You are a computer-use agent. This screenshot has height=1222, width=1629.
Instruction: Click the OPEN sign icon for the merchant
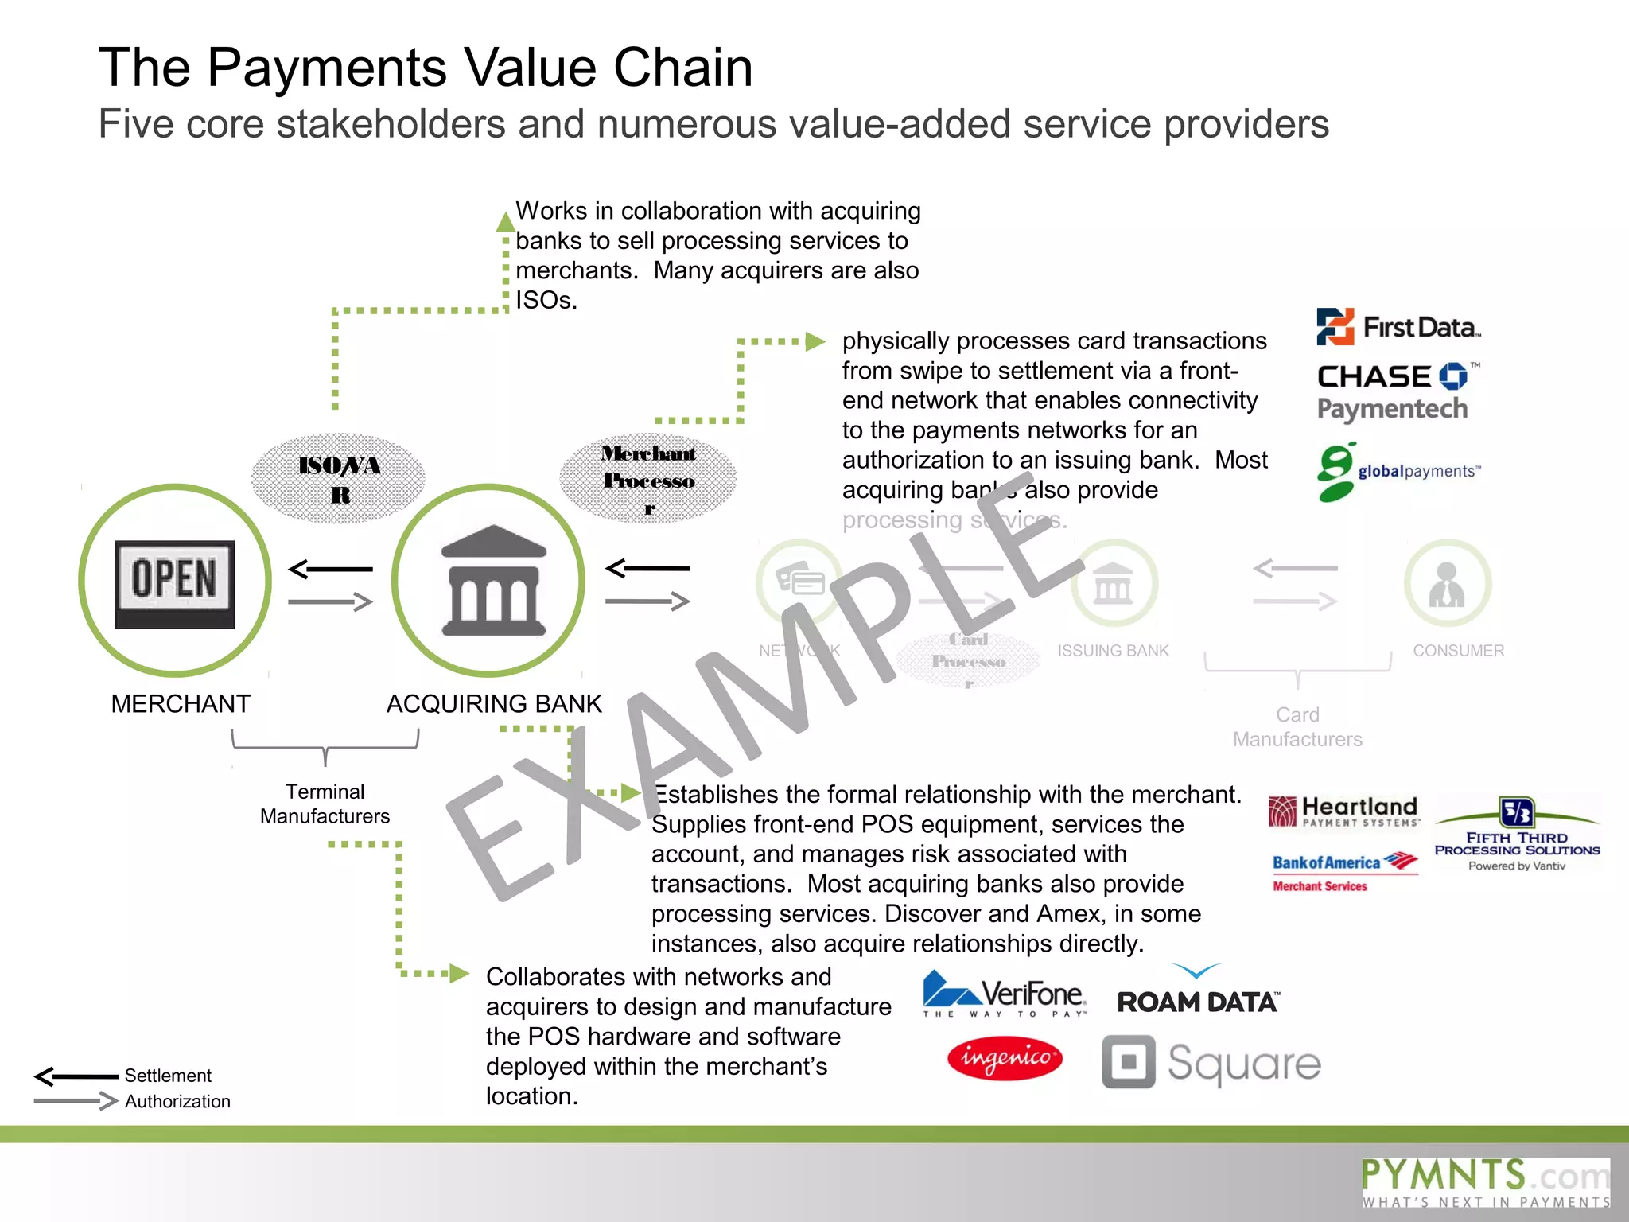175,583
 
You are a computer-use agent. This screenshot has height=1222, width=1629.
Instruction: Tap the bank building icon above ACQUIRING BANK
493,581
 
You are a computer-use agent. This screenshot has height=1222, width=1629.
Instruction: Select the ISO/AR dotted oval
339,478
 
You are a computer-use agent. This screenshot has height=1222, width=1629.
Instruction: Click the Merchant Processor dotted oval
648,477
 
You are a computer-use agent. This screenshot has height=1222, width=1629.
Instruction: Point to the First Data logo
1398,327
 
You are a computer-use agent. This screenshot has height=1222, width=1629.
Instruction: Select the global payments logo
1398,472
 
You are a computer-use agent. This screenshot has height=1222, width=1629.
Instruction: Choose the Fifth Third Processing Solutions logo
1517,834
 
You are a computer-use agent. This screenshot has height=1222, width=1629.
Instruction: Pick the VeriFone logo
1005,994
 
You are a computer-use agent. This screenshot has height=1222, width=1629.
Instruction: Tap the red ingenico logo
1005,1059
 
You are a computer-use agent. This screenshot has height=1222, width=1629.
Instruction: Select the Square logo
1211,1062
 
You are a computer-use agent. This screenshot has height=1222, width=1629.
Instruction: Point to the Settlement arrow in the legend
76,1076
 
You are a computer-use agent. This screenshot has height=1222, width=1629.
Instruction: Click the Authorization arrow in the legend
76,1101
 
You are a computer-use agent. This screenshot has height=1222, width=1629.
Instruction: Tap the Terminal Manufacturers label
325,804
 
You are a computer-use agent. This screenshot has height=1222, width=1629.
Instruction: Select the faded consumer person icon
1447,584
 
